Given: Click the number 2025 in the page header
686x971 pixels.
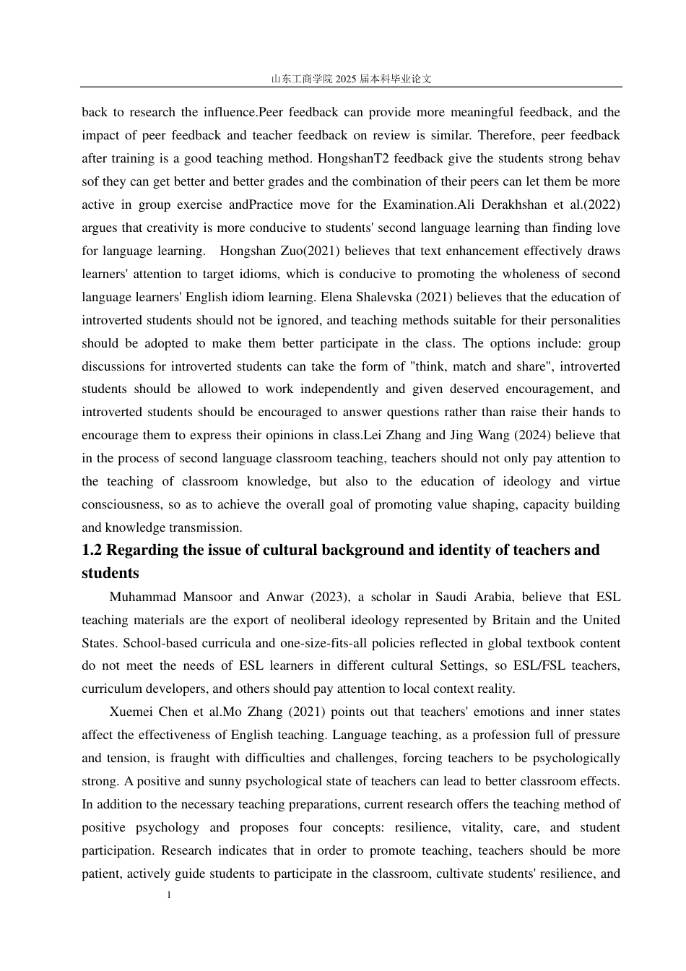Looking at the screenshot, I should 346,79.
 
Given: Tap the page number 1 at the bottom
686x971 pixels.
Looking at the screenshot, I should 169,896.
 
